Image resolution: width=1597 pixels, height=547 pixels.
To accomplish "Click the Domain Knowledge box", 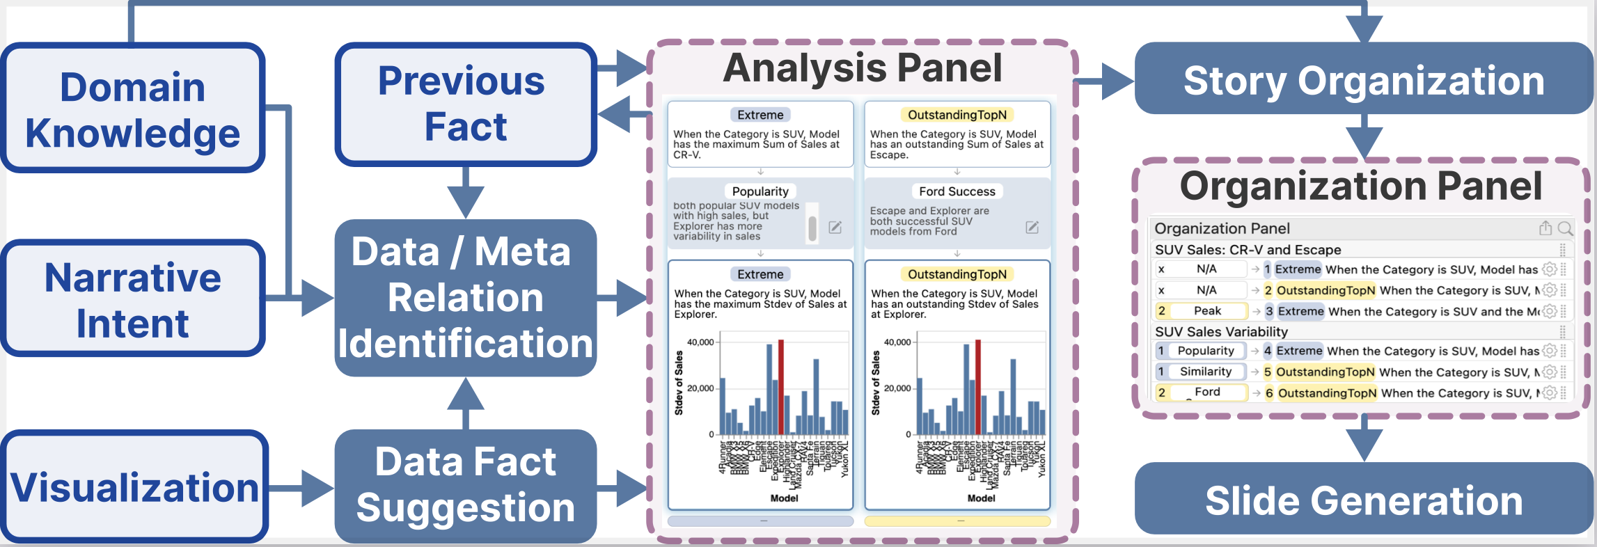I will (x=132, y=109).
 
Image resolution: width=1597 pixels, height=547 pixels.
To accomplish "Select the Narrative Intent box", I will (x=132, y=299).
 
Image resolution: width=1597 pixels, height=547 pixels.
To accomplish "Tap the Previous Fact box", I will (x=465, y=104).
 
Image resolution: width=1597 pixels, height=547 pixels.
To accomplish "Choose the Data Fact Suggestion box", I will (x=465, y=485).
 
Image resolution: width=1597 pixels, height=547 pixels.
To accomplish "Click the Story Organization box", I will (x=1363, y=80).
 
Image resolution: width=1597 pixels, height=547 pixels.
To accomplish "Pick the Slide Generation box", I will (x=1363, y=500).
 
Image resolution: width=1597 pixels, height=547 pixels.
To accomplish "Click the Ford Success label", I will (x=957, y=191).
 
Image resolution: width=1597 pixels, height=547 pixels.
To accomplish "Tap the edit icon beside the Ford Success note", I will (x=1032, y=228).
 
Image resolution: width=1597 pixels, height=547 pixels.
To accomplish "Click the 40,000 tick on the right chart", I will (x=897, y=342).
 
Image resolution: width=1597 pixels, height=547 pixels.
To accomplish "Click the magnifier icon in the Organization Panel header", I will (x=1565, y=228).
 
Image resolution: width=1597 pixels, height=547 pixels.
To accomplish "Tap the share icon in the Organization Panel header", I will (x=1545, y=228).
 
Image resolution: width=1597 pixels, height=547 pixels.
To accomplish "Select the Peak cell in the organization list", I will (x=1207, y=311).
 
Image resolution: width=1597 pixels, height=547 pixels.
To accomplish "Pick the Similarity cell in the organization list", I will (x=1205, y=372).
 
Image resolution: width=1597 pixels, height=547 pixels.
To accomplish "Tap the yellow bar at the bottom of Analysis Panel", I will (x=957, y=521).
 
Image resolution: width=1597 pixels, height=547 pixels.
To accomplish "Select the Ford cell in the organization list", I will (x=1207, y=393).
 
